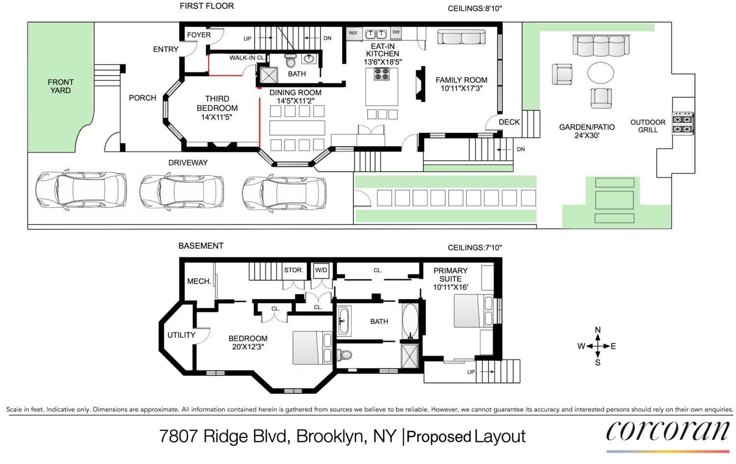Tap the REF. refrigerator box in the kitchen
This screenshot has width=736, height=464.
pyautogui.click(x=354, y=33)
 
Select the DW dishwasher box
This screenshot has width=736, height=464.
pyautogui.click(x=396, y=32)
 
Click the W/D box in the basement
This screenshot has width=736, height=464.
pyautogui.click(x=321, y=270)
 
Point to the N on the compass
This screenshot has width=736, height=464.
pyautogui.click(x=598, y=330)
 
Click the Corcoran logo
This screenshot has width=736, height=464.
pyautogui.click(x=668, y=432)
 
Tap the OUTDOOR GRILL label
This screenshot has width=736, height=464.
pyautogui.click(x=648, y=126)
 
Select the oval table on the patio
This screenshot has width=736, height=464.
pyautogui.click(x=601, y=73)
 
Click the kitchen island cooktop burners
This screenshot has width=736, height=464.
pyautogui.click(x=382, y=74)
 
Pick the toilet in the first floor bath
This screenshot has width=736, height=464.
pyautogui.click(x=290, y=61)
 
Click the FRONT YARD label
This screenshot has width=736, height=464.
pyautogui.click(x=60, y=86)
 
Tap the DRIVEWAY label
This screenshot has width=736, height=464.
pyautogui.click(x=188, y=163)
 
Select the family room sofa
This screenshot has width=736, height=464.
pyautogui.click(x=461, y=37)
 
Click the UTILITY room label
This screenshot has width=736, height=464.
pyautogui.click(x=181, y=335)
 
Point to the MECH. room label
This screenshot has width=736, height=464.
pyautogui.click(x=199, y=281)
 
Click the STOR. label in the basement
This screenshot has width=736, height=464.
pyautogui.click(x=293, y=270)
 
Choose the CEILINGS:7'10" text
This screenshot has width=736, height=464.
pyautogui.click(x=474, y=248)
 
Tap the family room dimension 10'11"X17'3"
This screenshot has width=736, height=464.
pyautogui.click(x=461, y=89)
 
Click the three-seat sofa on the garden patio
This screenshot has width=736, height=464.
pyautogui.click(x=601, y=45)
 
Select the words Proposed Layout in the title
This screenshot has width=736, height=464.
pyautogui.click(x=466, y=437)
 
